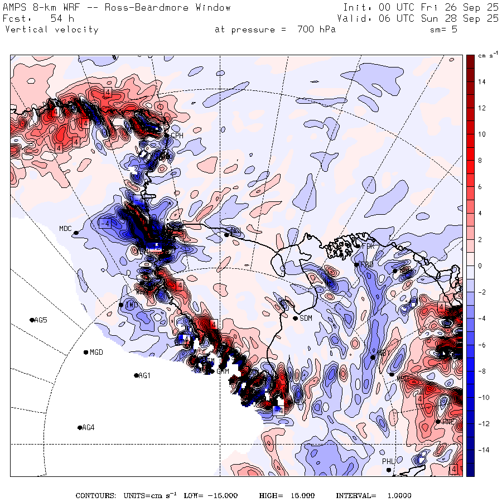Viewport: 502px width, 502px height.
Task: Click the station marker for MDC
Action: tap(76, 233)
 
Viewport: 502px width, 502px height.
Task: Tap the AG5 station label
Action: tap(41, 320)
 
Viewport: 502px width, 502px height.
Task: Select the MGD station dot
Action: tap(86, 352)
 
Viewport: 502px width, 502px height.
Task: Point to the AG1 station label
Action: tap(144, 376)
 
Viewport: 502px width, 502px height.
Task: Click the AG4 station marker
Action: tap(80, 428)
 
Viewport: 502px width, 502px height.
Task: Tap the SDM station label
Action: tap(306, 318)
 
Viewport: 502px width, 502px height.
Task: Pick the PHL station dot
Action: tap(389, 470)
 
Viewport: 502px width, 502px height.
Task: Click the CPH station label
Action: tap(177, 136)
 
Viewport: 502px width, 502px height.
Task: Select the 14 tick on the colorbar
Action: tap(482, 82)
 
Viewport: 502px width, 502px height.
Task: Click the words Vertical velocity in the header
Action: tap(51, 30)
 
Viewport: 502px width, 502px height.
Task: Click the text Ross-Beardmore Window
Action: tap(169, 8)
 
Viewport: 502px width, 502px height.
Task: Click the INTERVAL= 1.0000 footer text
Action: tap(373, 496)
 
